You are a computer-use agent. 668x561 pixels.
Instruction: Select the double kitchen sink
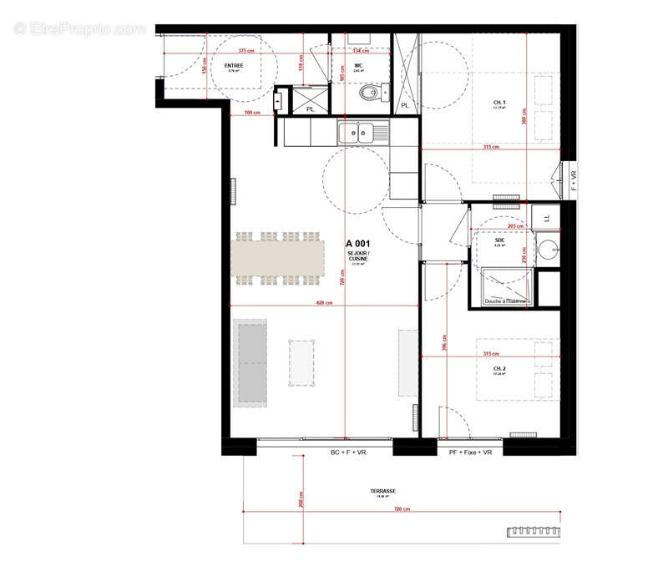pos(362,132)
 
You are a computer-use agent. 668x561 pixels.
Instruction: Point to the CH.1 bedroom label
pos(500,103)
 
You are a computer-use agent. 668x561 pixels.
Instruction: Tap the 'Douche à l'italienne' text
pos(505,301)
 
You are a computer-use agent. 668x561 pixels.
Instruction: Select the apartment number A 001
pos(358,244)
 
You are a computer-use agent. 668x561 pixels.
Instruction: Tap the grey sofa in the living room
pos(250,361)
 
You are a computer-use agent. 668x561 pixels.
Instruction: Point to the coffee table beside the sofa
pos(304,363)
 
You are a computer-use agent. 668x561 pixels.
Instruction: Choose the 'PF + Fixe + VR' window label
pos(471,452)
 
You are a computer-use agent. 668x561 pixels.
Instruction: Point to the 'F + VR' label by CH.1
pos(573,181)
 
